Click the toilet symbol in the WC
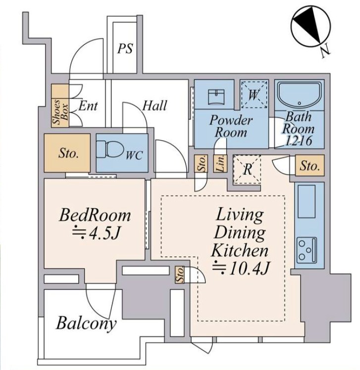[110, 149]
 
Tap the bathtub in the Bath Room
[299, 95]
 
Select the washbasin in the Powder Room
[216, 97]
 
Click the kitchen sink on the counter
[307, 201]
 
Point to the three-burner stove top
[307, 250]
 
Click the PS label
[125, 48]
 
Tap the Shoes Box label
[60, 112]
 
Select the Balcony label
[86, 324]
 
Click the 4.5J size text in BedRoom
[97, 233]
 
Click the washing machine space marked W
[254, 94]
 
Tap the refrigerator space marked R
[247, 169]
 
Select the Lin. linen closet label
[220, 163]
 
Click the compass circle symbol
[311, 27]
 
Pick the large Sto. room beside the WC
[67, 153]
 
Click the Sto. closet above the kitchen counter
[310, 165]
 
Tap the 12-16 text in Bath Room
[299, 140]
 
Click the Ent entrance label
[88, 105]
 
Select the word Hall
[154, 105]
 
